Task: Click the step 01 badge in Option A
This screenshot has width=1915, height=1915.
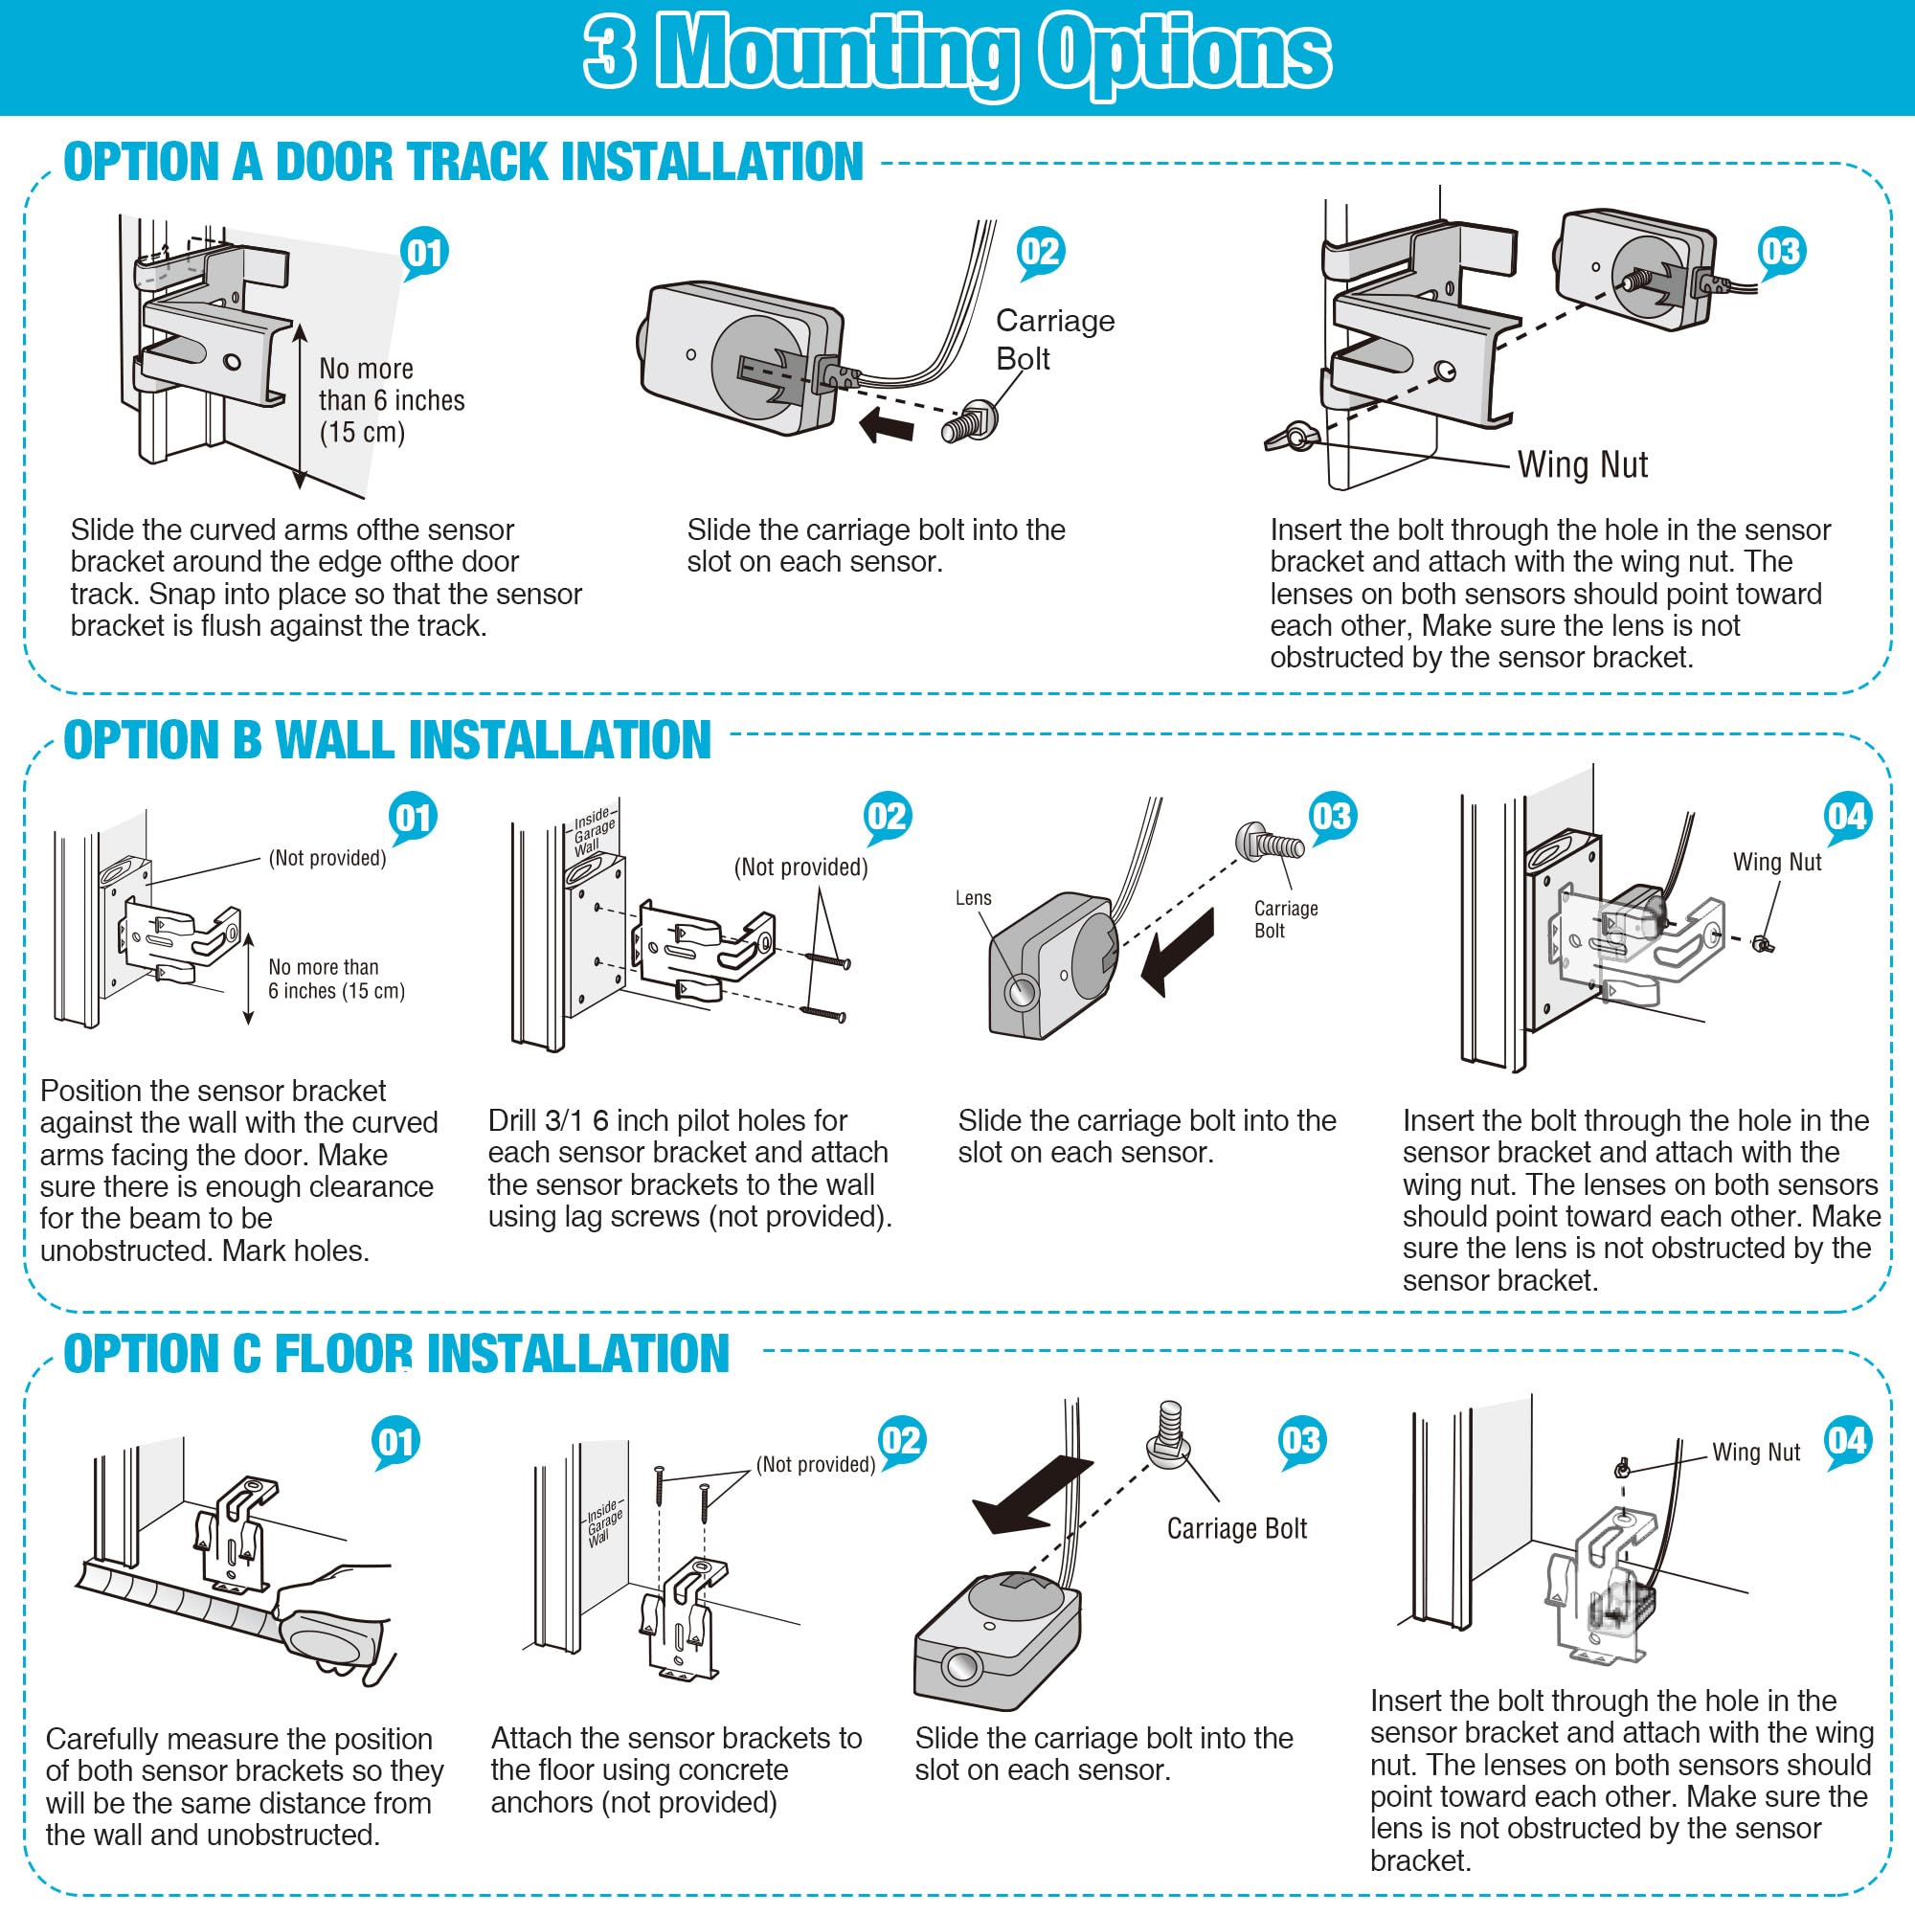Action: coord(425,253)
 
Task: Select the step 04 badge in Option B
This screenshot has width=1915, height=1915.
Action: coord(1847,818)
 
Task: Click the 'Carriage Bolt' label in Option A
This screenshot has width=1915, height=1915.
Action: coord(1054,339)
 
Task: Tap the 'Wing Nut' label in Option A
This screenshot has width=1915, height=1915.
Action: coord(1583,465)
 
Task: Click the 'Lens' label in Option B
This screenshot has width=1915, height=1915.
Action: coord(974,898)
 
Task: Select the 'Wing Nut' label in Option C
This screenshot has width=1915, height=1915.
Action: coord(1755,1453)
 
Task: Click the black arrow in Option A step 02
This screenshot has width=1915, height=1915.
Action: coord(885,427)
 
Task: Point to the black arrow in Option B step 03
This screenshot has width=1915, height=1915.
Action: coord(1178,953)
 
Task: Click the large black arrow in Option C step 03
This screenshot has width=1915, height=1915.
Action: coord(1032,1495)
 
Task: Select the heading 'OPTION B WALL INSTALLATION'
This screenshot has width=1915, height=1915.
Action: coord(388,740)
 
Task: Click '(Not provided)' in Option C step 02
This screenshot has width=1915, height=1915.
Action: coord(816,1465)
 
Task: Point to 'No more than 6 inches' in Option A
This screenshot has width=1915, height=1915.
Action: coord(392,400)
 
